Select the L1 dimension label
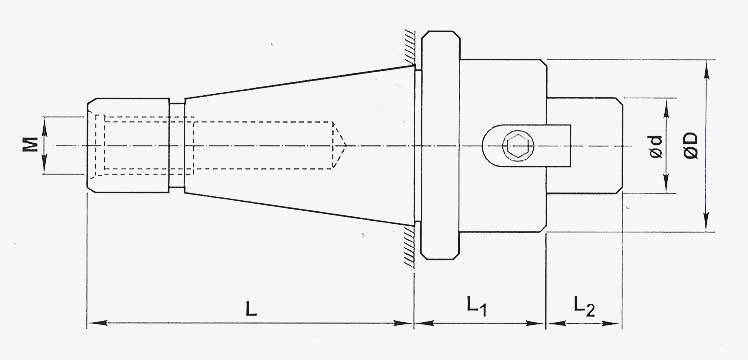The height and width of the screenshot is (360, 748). coord(477,307)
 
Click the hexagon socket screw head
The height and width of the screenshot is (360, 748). coord(515,146)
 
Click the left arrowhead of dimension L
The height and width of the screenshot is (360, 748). coord(94,324)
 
